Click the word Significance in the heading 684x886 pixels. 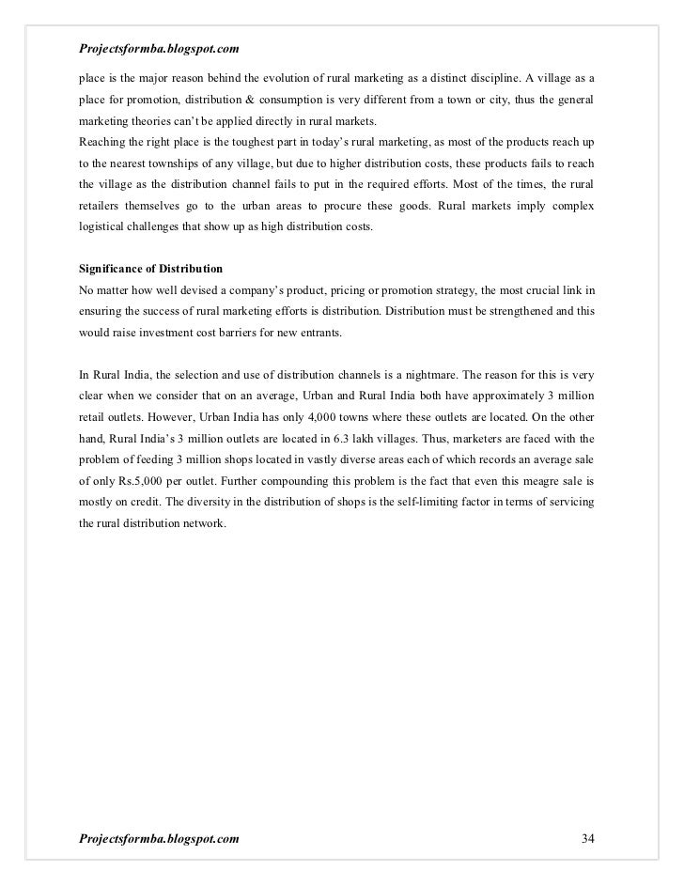[x=114, y=269]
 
